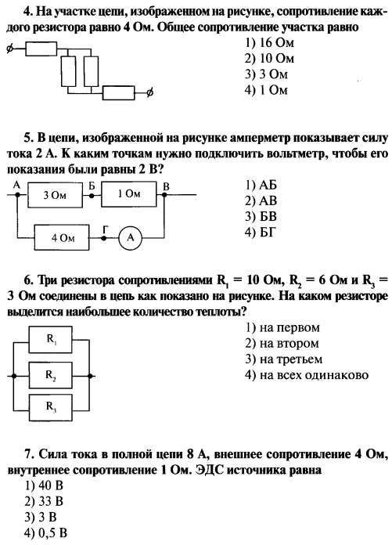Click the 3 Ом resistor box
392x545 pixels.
click(55, 195)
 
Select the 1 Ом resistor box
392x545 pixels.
click(129, 194)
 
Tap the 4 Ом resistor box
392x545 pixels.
click(62, 238)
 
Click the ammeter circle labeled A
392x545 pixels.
click(131, 238)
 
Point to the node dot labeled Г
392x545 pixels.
click(103, 238)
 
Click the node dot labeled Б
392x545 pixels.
click(92, 195)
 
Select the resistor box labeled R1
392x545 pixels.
click(51, 339)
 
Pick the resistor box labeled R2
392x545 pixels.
click(51, 375)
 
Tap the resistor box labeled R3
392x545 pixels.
click(51, 407)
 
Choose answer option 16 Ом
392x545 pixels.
click(269, 42)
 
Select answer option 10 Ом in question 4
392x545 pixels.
click(269, 59)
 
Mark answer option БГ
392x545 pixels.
click(260, 233)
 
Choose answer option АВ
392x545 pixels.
click(261, 201)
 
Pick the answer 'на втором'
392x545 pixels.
click(282, 344)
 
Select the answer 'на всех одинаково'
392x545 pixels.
click(307, 375)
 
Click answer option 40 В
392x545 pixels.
click(44, 485)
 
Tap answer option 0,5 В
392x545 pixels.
click(45, 532)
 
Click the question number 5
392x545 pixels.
click(28, 139)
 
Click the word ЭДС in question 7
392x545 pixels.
click(209, 470)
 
